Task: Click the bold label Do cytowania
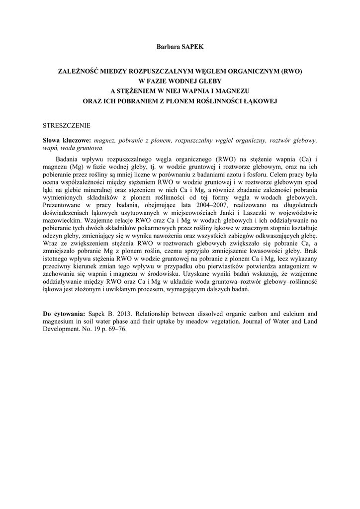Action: coord(64,314)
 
